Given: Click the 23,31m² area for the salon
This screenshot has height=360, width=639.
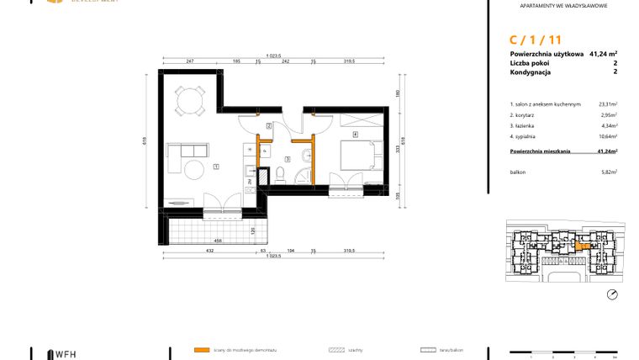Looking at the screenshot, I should coord(607,104).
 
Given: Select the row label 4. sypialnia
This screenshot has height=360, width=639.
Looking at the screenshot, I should coord(525,135).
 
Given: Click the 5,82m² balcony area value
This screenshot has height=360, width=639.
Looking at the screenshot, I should coord(609,172).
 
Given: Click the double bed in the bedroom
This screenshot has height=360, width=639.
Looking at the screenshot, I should coord(357,155).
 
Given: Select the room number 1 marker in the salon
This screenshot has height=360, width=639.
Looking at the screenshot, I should coord(216,167).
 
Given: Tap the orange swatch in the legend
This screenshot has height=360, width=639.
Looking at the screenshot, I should coord(201,349).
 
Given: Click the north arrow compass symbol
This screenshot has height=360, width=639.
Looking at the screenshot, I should coord(611,294).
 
